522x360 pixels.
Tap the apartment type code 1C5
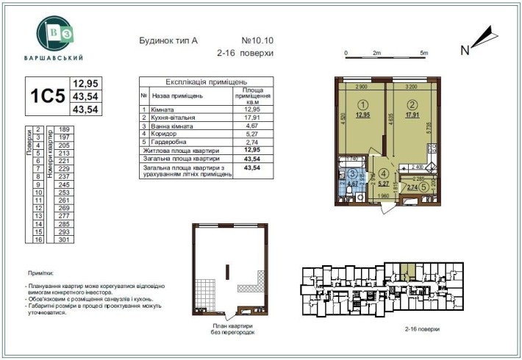47,96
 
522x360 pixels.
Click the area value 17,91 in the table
252,118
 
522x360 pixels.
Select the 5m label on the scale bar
423,54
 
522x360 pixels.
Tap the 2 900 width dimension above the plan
362,87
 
